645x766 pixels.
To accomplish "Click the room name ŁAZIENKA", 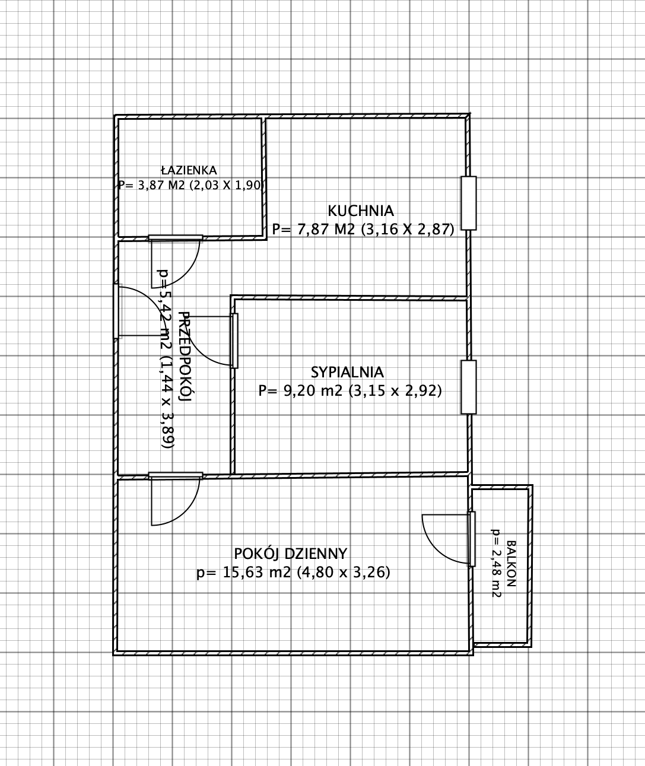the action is tap(189, 171).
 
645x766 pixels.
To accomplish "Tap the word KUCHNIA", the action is tap(361, 211).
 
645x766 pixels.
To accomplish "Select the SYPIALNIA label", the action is tap(347, 373).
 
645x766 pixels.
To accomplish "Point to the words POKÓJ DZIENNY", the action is tap(291, 554).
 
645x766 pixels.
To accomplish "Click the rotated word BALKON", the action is tap(511, 564).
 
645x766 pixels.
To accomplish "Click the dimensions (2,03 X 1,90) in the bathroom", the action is tap(227, 185).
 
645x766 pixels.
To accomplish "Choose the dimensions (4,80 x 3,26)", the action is tap(343, 573).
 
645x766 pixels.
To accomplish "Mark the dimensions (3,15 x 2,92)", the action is tap(395, 390).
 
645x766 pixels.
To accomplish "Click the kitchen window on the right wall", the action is tap(469, 204).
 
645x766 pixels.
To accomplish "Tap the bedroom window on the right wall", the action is tap(469, 387).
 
